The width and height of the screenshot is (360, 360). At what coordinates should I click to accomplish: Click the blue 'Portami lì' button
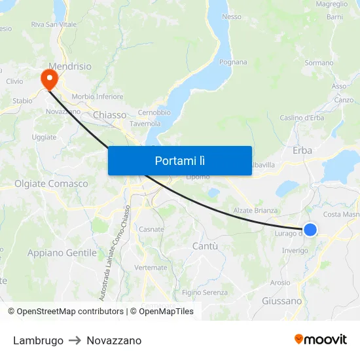[179, 160]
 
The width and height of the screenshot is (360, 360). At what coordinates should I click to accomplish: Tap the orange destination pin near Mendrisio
[49, 79]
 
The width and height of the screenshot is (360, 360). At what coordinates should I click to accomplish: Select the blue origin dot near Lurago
[310, 229]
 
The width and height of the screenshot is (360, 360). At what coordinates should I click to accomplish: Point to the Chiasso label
[109, 115]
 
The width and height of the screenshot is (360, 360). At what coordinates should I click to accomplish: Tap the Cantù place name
[205, 246]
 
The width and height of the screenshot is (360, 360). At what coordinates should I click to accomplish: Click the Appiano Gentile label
[62, 253]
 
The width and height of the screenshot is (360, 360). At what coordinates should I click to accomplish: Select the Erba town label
[302, 151]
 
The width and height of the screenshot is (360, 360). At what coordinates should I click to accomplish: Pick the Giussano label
[281, 301]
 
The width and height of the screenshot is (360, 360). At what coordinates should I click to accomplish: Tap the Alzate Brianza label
[256, 211]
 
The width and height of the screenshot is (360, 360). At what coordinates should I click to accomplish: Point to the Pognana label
[233, 63]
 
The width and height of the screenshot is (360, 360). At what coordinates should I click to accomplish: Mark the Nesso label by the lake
[232, 17]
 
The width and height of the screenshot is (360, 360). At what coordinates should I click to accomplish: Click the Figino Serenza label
[206, 293]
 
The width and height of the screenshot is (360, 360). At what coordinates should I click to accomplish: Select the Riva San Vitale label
[54, 25]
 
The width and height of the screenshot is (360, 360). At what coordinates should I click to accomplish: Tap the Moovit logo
[321, 339]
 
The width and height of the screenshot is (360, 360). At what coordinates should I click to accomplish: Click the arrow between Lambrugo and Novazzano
[75, 340]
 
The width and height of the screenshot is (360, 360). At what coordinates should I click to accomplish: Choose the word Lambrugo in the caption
[38, 340]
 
